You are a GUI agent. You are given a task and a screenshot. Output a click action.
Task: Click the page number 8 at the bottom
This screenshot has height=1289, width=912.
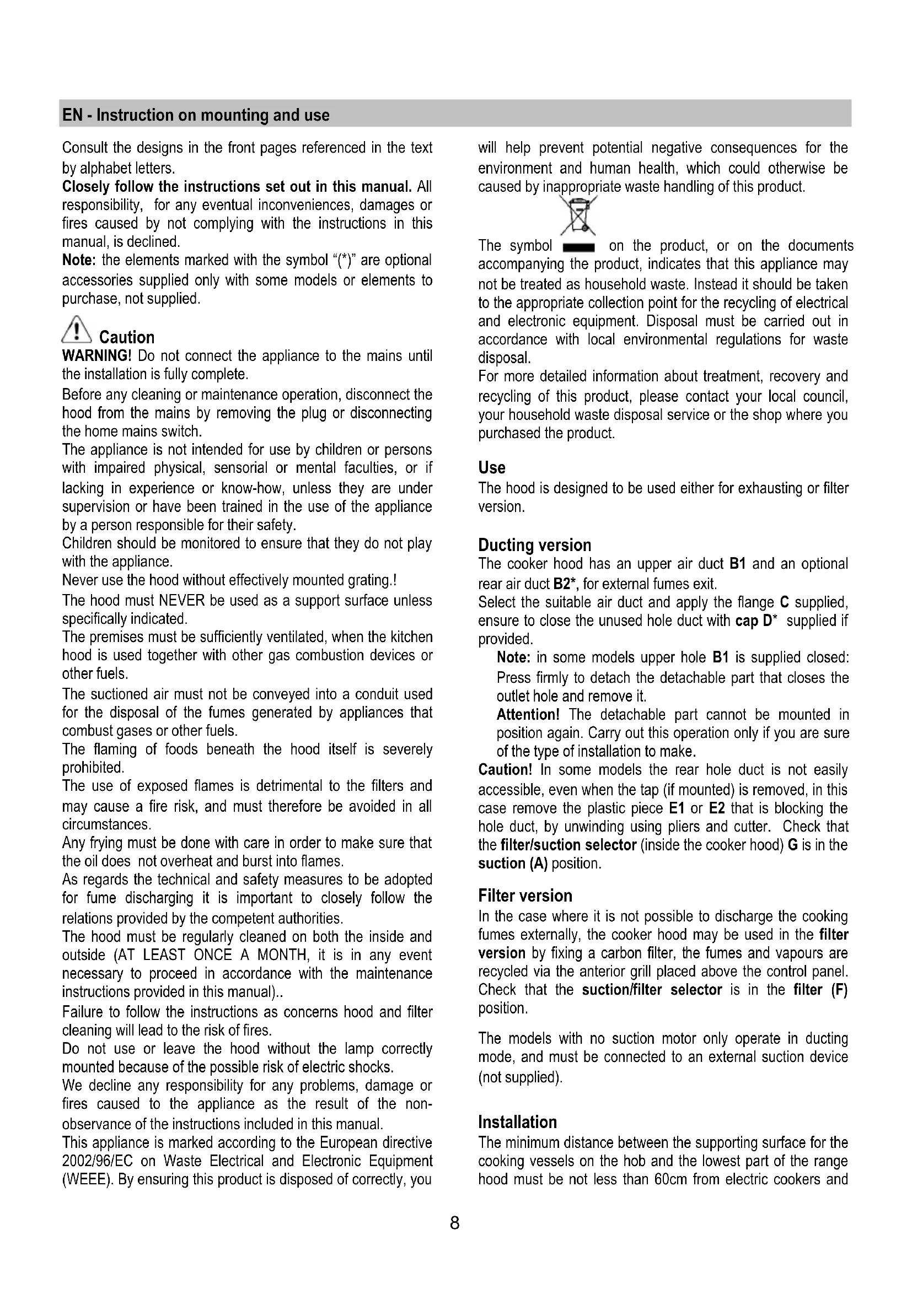(x=454, y=1222)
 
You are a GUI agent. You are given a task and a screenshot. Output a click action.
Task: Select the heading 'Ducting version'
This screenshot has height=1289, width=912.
(x=534, y=545)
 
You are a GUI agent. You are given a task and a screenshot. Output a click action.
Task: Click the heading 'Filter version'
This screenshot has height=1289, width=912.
(x=525, y=896)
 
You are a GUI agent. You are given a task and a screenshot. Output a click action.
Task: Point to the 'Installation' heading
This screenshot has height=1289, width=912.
(x=517, y=1122)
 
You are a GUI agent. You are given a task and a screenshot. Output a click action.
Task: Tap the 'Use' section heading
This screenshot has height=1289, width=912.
(x=491, y=468)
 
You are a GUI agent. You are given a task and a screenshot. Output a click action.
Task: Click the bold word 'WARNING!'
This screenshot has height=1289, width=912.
(x=96, y=356)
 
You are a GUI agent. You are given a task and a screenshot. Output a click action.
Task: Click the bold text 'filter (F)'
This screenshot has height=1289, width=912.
(x=820, y=990)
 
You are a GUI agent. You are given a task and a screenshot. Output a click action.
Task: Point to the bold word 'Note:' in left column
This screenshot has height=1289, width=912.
(x=79, y=261)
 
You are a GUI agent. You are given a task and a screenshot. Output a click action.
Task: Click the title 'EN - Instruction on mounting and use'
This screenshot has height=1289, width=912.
(x=196, y=115)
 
